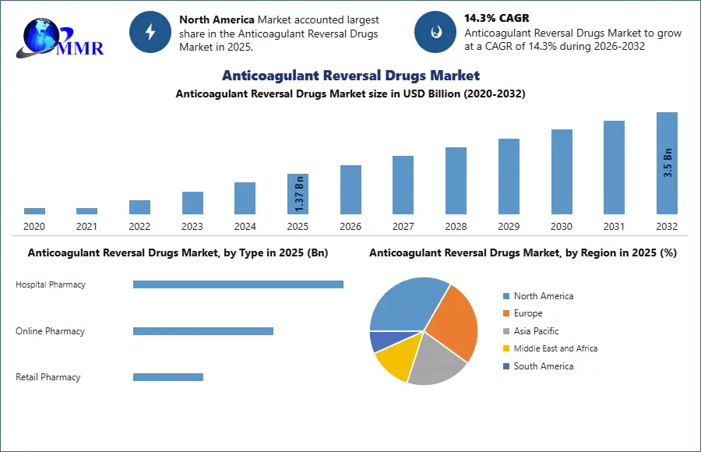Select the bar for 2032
coord(667,163)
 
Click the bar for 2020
coord(34,210)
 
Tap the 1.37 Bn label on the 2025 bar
coord(299,193)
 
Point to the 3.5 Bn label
coord(668,163)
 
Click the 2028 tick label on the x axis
coord(456,227)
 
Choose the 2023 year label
coord(192,227)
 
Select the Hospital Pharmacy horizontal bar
coord(238,284)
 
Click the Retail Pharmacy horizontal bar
coord(167,377)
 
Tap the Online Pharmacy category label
coord(50,331)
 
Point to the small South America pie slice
coord(382,341)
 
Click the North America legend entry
coord(543,296)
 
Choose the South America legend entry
coord(543,366)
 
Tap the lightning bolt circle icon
coord(150,32)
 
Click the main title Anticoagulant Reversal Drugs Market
coord(350,76)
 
